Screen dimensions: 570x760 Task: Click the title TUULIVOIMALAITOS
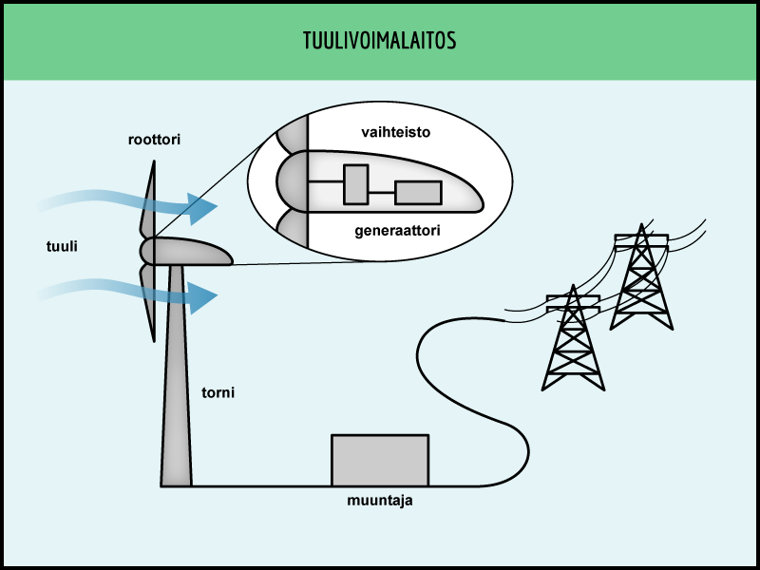(x=379, y=41)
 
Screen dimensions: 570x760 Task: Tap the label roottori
(x=154, y=140)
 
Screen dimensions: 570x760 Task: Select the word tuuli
(x=62, y=246)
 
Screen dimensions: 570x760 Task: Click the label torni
(x=218, y=391)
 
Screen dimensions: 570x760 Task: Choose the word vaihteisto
(x=395, y=132)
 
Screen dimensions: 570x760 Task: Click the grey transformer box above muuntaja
(x=379, y=460)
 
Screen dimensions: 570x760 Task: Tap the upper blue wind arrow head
(x=202, y=207)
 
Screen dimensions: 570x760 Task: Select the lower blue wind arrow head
(x=202, y=297)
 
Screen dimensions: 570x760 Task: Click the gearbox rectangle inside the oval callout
(x=355, y=184)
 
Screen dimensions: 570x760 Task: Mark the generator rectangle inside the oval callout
(x=418, y=192)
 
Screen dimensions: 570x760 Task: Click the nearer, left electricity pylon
(x=573, y=342)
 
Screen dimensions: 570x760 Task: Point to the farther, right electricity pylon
(x=641, y=280)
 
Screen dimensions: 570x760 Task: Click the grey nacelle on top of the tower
(x=190, y=253)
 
